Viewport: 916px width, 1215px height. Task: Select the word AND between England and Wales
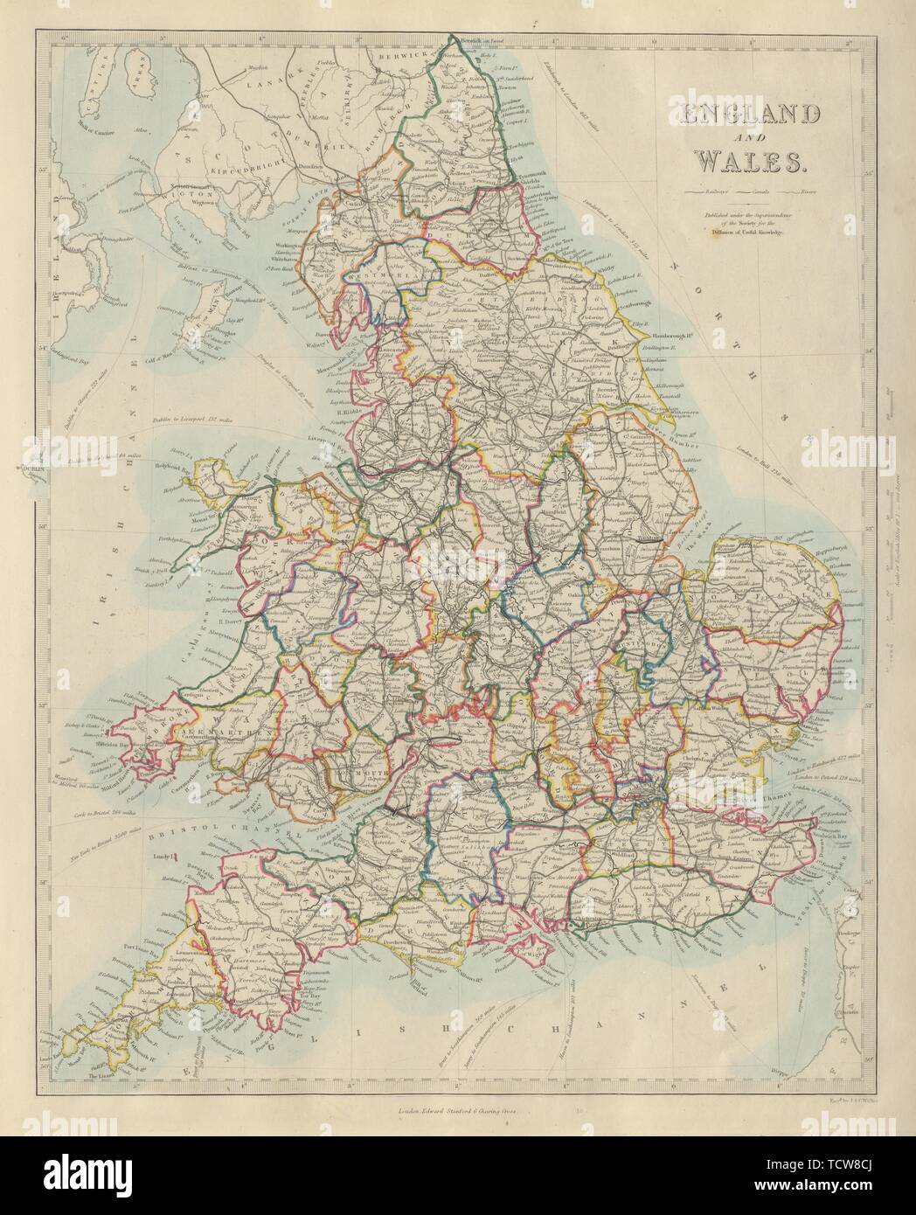(743, 139)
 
